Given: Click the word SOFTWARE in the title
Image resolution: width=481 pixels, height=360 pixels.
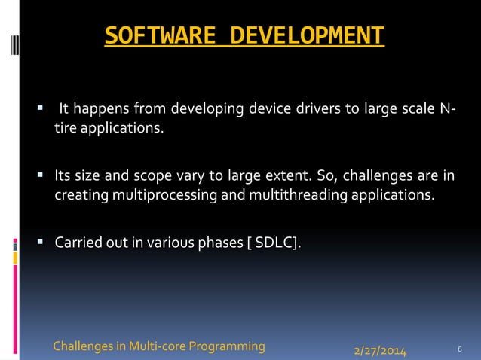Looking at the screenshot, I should coord(155,35).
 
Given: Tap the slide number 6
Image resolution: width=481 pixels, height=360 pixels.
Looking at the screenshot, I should coord(460,349).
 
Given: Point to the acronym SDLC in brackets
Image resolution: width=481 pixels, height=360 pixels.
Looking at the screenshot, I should coord(280,243).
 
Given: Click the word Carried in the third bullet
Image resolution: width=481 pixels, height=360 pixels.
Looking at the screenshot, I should coord(78,243).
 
